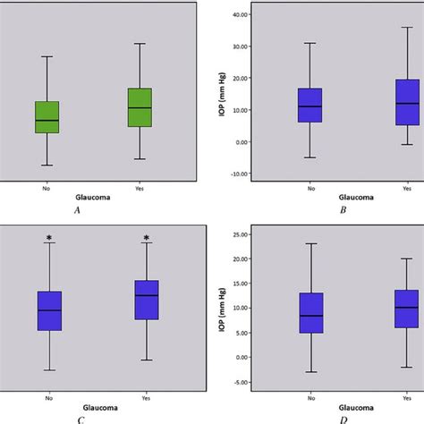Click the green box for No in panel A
tap(47, 117)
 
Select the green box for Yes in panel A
tap(140, 107)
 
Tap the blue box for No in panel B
tap(310, 106)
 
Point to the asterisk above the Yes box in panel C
tap(146, 238)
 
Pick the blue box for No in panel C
tap(49, 310)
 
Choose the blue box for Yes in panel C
tap(146, 300)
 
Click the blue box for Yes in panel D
tap(406, 309)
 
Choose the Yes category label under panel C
tap(146, 399)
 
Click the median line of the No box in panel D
tap(310, 316)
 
